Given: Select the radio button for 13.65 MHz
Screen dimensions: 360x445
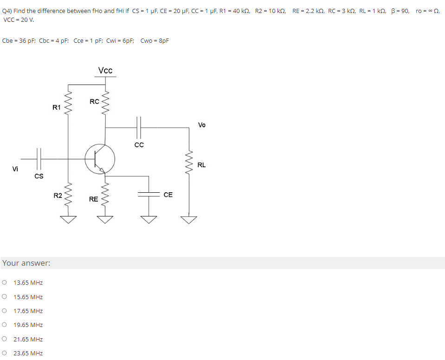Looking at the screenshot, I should click(4, 282).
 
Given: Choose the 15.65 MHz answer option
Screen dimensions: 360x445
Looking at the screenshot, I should click(4, 297).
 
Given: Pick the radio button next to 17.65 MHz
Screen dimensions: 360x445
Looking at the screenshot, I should click(4, 311).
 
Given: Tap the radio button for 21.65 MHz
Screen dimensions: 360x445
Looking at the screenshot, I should click(4, 339).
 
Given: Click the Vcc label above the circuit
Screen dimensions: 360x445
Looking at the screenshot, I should click(105, 71).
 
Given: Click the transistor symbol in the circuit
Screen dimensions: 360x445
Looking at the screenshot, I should click(100, 159).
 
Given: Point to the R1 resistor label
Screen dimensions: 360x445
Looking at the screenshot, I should click(57, 107).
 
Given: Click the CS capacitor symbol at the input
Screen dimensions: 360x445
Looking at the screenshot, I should click(39, 159).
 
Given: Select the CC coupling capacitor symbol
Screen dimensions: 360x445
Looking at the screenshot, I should click(139, 127).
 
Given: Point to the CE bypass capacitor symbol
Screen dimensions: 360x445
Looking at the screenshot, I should click(149, 195).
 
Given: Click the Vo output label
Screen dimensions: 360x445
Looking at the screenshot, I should click(202, 125).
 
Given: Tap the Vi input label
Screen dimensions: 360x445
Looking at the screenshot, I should click(15, 169).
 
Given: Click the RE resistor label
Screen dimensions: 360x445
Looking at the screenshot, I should click(94, 199).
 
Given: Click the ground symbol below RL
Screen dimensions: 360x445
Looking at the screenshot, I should click(189, 220).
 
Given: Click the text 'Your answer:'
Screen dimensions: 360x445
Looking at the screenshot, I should click(26, 263).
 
